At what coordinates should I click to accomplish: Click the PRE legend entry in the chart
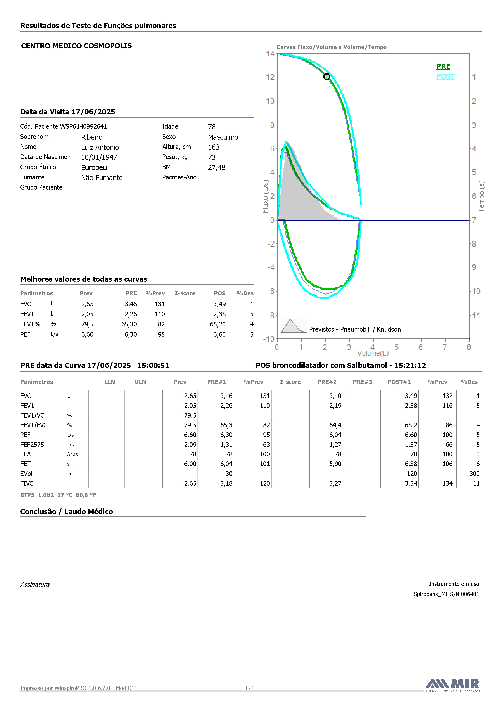[x=443, y=66]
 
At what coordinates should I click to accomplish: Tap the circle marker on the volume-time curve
[x=326, y=76]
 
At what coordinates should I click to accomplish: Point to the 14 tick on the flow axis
[x=270, y=54]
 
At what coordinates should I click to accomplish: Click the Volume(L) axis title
[x=373, y=353]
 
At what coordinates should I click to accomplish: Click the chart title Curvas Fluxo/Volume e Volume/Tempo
[x=331, y=47]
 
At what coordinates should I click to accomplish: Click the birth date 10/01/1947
[x=99, y=157]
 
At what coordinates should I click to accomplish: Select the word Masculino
[x=223, y=137]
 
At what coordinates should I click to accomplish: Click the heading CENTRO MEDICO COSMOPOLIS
[x=76, y=46]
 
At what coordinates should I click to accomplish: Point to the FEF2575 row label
[x=32, y=445]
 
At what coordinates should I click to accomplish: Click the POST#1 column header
[x=399, y=382]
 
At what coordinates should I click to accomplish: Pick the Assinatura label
[x=35, y=584]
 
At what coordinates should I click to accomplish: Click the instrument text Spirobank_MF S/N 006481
[x=446, y=594]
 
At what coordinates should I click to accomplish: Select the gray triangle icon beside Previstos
[x=294, y=326]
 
